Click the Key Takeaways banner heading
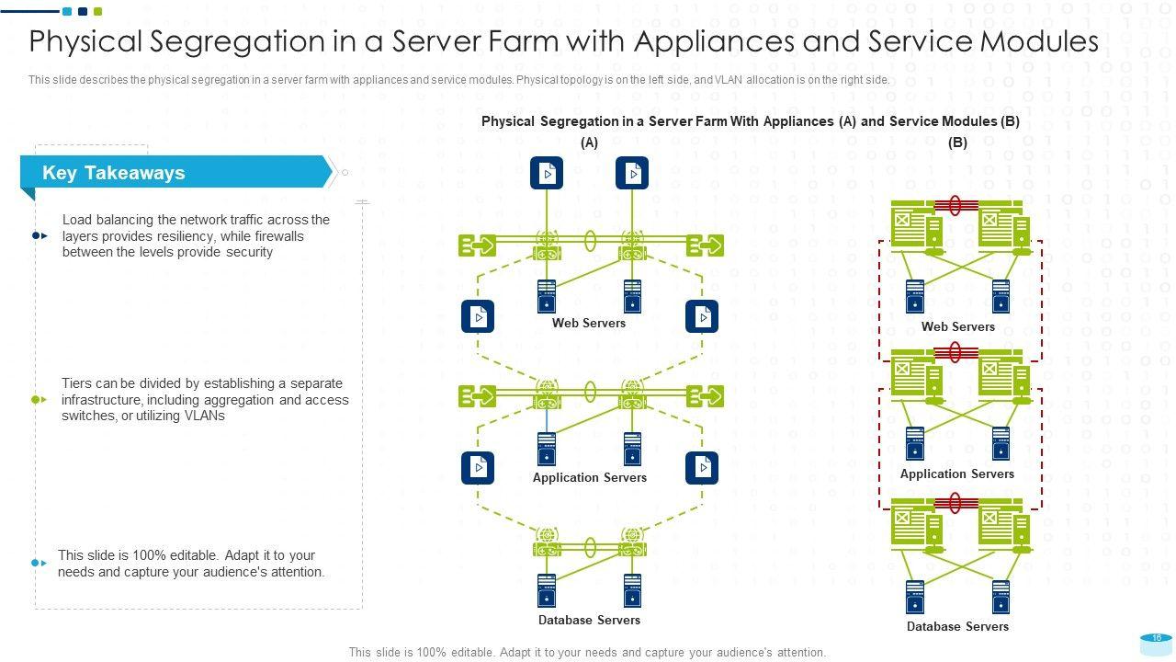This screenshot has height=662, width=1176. pos(114,173)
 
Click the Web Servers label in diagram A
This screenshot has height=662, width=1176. pos(589,323)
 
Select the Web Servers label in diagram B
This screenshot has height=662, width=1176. pos(958,326)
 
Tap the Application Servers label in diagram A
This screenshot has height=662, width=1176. pos(590,477)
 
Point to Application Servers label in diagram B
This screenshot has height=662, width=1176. pos(957,474)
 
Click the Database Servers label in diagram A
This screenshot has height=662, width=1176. pos(589,620)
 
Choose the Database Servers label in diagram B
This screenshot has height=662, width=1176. pos(957,626)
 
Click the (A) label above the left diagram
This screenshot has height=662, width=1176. pos(589,143)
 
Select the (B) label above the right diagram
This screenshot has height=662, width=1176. pos(957,143)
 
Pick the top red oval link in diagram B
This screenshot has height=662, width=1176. pos(955,205)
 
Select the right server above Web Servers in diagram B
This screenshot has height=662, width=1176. pos(1001,296)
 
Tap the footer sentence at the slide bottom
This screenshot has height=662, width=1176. pos(587,652)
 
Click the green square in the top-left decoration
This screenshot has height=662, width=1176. pos(98,12)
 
